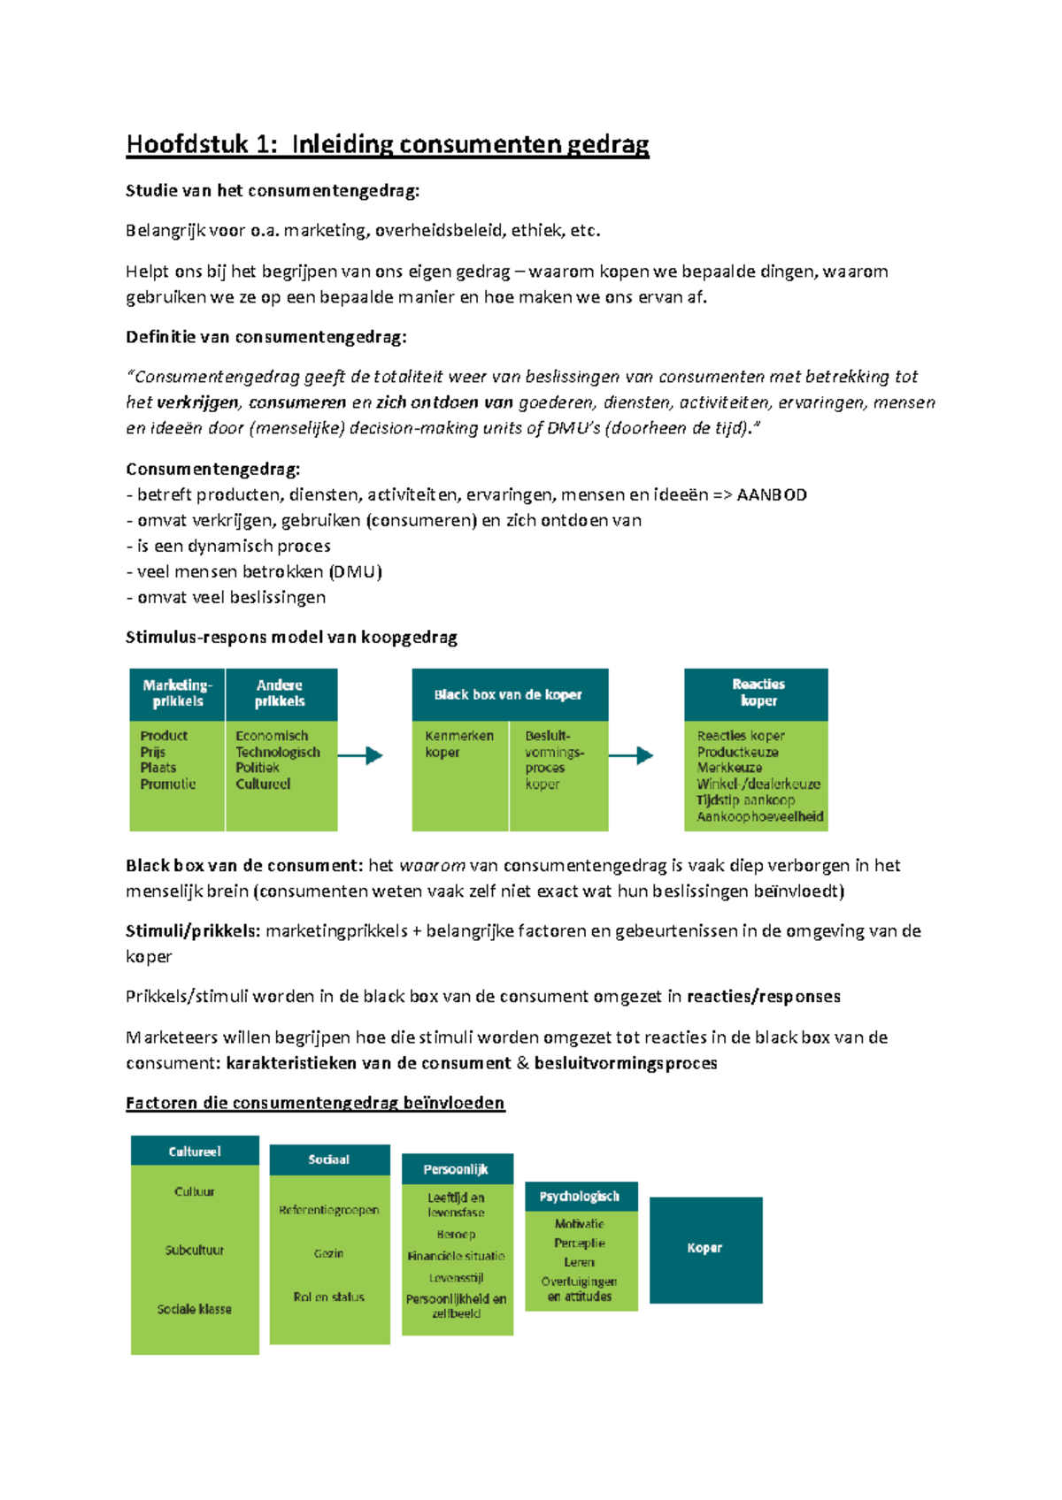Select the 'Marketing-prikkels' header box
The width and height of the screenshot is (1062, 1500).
(x=177, y=693)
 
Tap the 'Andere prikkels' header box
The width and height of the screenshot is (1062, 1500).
(x=281, y=693)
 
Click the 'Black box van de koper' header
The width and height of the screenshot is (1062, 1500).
(x=509, y=694)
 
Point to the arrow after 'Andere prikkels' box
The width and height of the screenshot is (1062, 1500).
(x=361, y=755)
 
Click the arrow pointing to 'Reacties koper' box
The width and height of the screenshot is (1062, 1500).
(x=631, y=755)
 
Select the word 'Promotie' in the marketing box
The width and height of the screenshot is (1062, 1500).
(x=168, y=784)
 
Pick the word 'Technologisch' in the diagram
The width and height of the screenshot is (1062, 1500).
(x=278, y=752)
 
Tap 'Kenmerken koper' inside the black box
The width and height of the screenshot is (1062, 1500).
(x=458, y=744)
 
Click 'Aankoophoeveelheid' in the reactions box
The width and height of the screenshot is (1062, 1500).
(x=760, y=816)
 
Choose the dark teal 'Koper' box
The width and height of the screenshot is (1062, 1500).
(x=705, y=1249)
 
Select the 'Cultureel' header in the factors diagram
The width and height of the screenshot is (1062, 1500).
(x=195, y=1152)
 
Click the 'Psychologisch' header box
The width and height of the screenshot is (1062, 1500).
(x=580, y=1197)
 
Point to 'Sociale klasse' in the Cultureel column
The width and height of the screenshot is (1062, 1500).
(x=195, y=1309)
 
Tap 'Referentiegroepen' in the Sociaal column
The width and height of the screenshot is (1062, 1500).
(x=329, y=1210)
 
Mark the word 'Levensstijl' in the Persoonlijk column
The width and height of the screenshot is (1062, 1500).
(x=457, y=1278)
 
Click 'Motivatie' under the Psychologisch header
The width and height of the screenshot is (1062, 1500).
(x=580, y=1224)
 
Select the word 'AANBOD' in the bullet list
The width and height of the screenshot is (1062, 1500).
(x=772, y=494)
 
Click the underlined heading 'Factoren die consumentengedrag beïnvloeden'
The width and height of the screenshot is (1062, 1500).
(x=315, y=1103)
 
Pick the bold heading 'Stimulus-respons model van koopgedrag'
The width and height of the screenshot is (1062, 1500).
(x=291, y=637)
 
